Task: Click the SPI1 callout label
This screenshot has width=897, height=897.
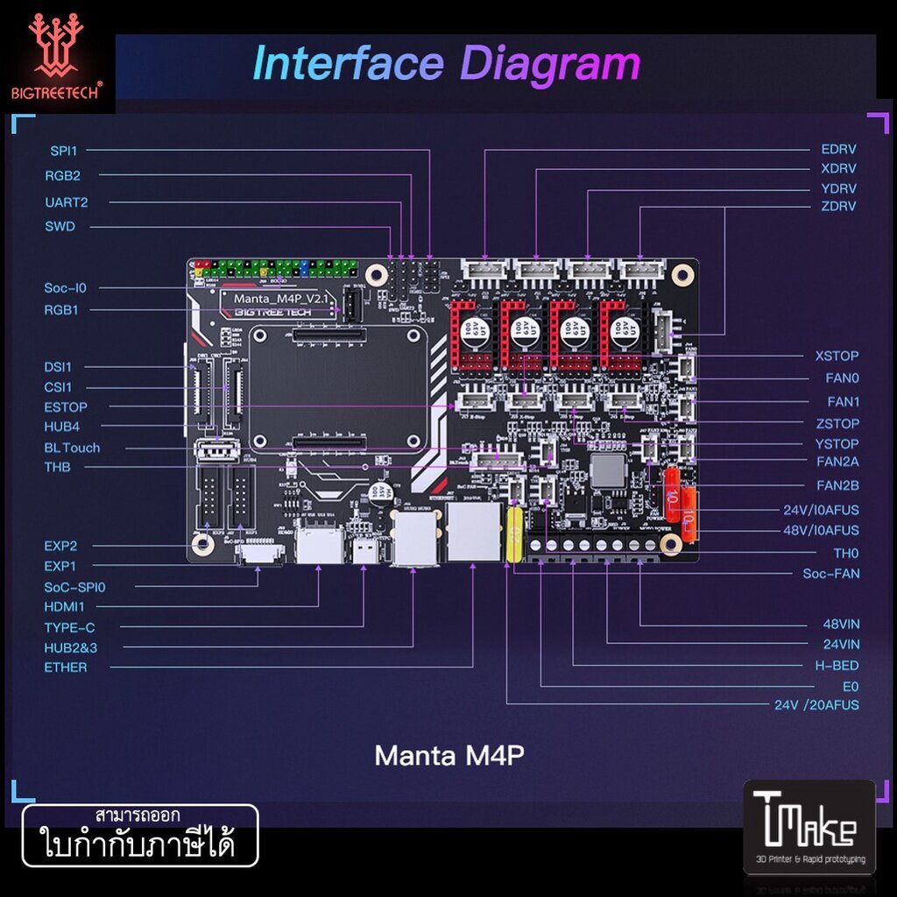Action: pos(63,151)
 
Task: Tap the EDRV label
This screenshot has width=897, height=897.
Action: pos(838,150)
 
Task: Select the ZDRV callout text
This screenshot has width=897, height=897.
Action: pos(838,207)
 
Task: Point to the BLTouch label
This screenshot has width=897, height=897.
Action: pos(72,448)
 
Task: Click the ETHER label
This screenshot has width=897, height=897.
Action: pos(66,667)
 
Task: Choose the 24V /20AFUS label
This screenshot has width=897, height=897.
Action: pos(816,705)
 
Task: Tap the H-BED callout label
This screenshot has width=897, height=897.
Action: pos(837,666)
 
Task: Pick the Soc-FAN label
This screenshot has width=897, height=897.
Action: pos(831,574)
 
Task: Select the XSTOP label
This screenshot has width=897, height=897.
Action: pos(837,357)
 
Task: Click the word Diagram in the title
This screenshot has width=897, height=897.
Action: pos(551,65)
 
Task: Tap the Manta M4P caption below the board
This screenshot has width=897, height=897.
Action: pos(448,755)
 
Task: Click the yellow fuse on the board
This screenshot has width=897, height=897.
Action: pos(514,534)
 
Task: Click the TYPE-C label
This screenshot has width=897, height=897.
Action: pos(69,627)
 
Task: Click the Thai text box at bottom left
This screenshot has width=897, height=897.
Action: pos(140,836)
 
